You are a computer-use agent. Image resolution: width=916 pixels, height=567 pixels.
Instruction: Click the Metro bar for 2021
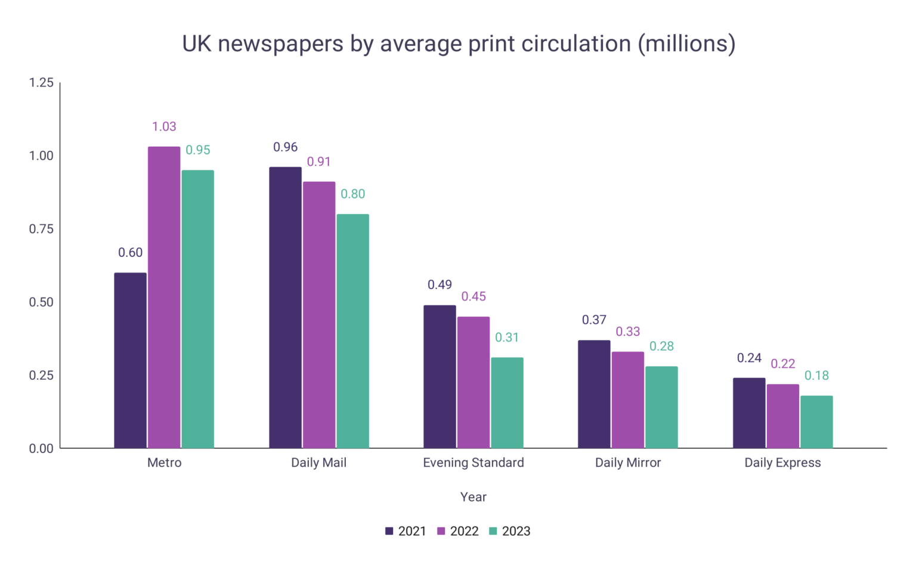click(130, 361)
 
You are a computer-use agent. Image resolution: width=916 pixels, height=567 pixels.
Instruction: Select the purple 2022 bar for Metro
click(164, 298)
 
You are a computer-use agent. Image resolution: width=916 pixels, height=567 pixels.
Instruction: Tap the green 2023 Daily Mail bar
click(352, 331)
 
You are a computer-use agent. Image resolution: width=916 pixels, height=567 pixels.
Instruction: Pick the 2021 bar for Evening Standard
click(440, 377)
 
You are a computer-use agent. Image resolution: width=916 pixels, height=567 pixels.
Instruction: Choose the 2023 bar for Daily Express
click(816, 422)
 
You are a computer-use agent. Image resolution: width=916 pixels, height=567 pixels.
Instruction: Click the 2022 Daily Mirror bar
click(628, 400)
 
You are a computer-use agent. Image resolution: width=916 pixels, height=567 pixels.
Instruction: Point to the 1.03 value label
click(164, 126)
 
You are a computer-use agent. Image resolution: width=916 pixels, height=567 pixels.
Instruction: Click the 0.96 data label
click(285, 147)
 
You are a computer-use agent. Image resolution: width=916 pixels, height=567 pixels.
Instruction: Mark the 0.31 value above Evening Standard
click(507, 337)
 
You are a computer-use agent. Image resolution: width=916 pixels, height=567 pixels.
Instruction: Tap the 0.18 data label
click(816, 376)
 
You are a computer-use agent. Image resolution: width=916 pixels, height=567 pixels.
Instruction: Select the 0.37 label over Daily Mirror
click(594, 320)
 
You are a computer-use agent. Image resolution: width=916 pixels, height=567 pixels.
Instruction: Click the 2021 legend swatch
click(389, 531)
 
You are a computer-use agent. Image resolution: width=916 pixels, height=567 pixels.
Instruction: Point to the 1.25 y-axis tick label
click(41, 83)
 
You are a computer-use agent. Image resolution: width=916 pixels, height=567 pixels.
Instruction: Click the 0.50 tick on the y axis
click(41, 302)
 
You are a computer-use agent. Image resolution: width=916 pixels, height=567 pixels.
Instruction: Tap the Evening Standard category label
click(474, 463)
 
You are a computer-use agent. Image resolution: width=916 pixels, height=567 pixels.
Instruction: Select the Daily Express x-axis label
click(782, 463)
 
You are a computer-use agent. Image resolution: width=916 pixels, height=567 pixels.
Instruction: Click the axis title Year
click(474, 497)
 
